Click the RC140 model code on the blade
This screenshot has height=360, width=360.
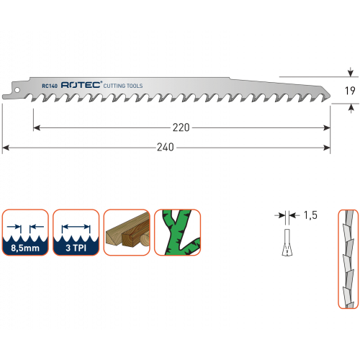pyautogui.click(x=50, y=86)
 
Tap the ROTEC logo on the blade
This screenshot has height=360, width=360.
pyautogui.click(x=81, y=85)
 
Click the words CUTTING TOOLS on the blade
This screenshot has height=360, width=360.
pyautogui.click(x=123, y=86)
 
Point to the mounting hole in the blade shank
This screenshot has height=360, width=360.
pyautogui.click(x=17, y=90)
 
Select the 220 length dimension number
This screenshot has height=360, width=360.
pyautogui.click(x=181, y=127)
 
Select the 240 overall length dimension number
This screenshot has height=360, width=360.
pyautogui.click(x=166, y=147)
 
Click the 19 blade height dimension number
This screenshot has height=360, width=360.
pyautogui.click(x=350, y=91)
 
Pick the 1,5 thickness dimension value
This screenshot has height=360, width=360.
pyautogui.click(x=310, y=215)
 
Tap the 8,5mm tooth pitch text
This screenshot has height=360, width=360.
pyautogui.click(x=25, y=248)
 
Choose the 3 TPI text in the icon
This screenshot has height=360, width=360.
pyautogui.click(x=76, y=248)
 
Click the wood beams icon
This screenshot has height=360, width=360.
pyautogui.click(x=127, y=232)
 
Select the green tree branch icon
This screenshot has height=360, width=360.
pyautogui.click(x=177, y=232)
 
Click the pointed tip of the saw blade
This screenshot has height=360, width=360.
pyautogui.click(x=330, y=96)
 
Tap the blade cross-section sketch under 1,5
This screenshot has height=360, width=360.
pyautogui.click(x=287, y=243)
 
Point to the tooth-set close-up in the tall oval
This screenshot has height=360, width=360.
pyautogui.click(x=348, y=259)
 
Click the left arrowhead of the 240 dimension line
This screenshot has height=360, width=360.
pyautogui.click(x=5, y=148)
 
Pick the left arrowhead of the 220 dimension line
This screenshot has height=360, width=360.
pyautogui.click(x=37, y=128)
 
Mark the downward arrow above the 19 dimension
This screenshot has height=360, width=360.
pyautogui.click(x=351, y=72)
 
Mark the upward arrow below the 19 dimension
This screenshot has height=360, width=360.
pyautogui.click(x=351, y=108)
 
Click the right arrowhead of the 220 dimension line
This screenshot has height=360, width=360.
pyautogui.click(x=327, y=128)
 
